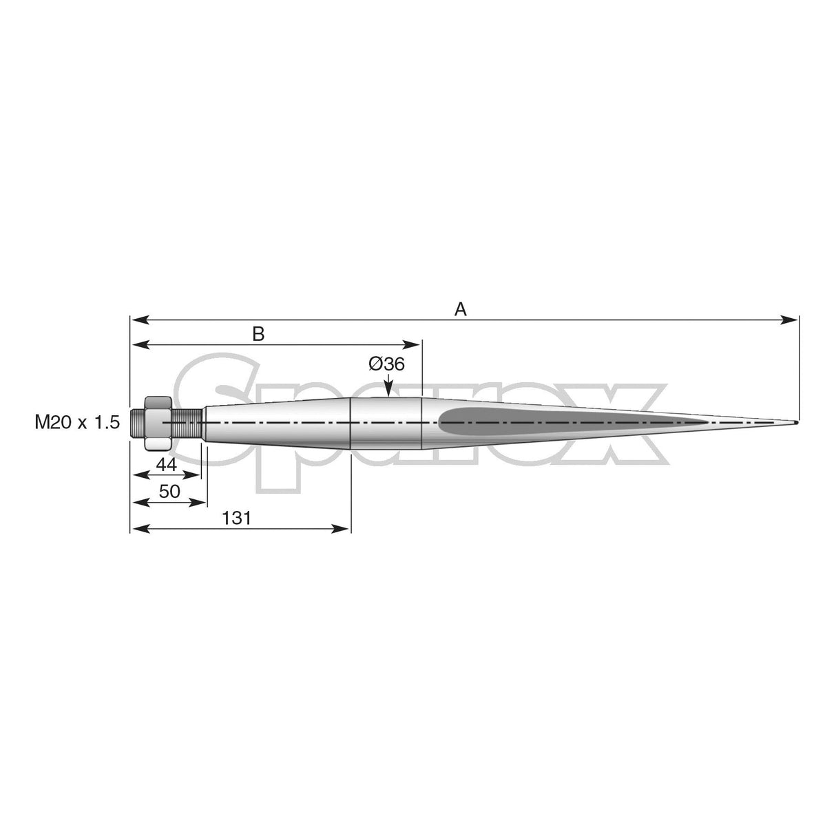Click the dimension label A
click(461, 309)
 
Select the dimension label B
click(258, 334)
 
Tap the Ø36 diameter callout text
click(386, 364)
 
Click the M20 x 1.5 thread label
click(78, 423)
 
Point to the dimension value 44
click(167, 465)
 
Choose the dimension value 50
click(169, 492)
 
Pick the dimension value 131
click(236, 519)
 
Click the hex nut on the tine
click(158, 423)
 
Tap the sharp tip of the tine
click(795, 422)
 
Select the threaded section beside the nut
click(186, 423)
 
